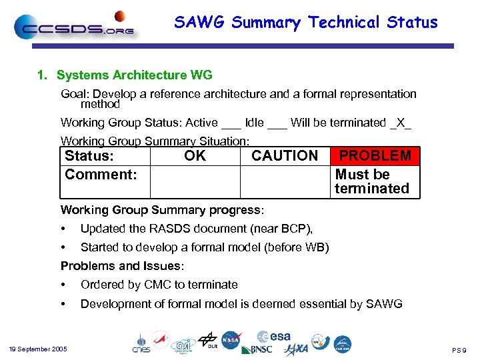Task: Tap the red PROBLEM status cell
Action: click(375, 156)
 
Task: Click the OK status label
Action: click(195, 156)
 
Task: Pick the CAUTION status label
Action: click(285, 156)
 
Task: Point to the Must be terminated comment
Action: click(371, 181)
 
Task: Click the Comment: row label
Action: click(101, 175)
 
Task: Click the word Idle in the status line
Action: click(254, 123)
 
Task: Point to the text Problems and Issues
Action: click(121, 266)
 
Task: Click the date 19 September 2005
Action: click(38, 349)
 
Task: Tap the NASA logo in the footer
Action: click(231, 340)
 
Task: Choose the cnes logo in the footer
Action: click(141, 343)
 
